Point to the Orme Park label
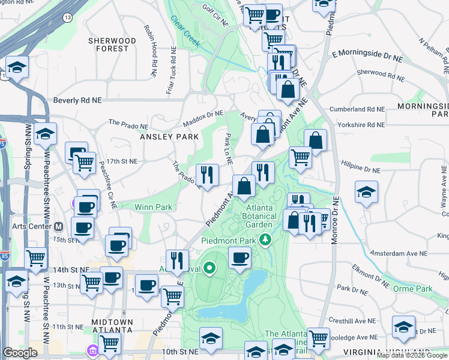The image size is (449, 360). click(x=412, y=289)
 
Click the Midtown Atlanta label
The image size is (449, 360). click(x=112, y=326)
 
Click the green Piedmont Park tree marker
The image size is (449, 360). click(x=265, y=240)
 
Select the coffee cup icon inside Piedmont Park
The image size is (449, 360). click(x=240, y=259)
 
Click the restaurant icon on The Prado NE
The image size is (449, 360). click(x=207, y=175)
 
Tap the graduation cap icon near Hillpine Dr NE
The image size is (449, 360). click(x=366, y=193)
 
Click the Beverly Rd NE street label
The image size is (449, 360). click(x=79, y=101)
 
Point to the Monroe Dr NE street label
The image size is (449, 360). click(x=336, y=220)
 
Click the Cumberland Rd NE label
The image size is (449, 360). click(x=357, y=110)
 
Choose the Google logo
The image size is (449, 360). click(x=20, y=353)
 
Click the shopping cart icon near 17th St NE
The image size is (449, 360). click(x=84, y=161)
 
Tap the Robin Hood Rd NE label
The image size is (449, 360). click(x=151, y=44)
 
